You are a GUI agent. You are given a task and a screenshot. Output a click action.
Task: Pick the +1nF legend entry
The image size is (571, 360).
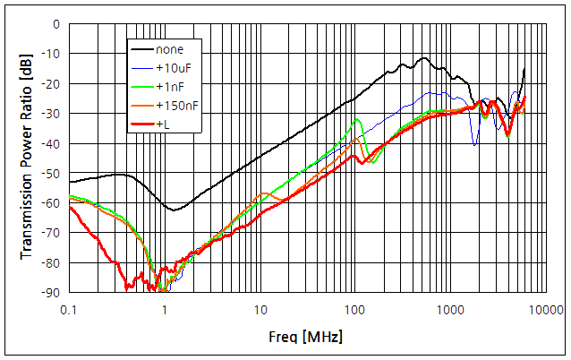[x=170, y=86]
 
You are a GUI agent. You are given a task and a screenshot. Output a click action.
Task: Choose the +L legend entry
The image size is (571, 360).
[x=163, y=124]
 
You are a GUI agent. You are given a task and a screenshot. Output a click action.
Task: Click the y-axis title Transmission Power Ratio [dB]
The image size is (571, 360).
[x=26, y=158]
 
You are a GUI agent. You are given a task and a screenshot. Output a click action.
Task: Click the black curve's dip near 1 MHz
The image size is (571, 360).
[x=175, y=210]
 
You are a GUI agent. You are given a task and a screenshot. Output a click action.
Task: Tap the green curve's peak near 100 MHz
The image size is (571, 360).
[x=358, y=119]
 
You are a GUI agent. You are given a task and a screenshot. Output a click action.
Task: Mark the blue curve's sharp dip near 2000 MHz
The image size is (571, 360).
[x=475, y=144]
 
